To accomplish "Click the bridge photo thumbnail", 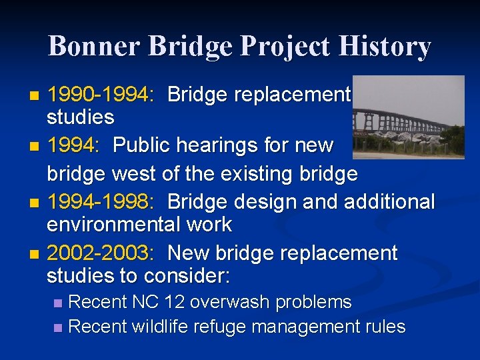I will [x=408, y=117].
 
